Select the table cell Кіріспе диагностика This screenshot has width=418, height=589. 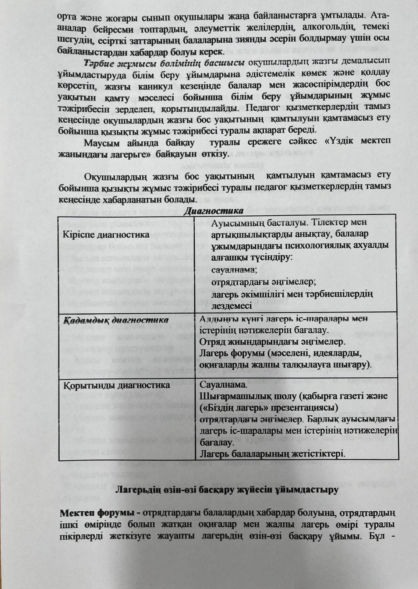(x=106, y=234)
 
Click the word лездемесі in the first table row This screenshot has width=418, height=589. (x=232, y=306)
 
